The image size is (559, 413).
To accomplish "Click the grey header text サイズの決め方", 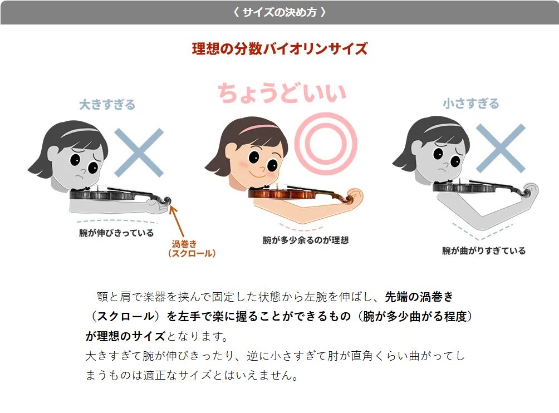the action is click(x=280, y=12).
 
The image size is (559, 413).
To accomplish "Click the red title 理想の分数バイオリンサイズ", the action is click(x=280, y=49).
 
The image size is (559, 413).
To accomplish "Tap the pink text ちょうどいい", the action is click(x=282, y=93).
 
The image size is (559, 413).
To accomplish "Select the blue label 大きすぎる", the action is click(x=107, y=105).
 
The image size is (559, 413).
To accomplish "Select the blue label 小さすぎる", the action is click(x=471, y=104).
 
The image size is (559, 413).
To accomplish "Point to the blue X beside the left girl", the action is click(x=139, y=153).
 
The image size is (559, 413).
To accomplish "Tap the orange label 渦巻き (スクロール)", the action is click(x=192, y=249).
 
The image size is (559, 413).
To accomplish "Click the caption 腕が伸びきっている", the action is click(x=116, y=233).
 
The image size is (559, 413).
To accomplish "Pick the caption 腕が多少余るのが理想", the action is click(x=306, y=240).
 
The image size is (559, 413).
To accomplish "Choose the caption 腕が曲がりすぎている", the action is click(x=484, y=251).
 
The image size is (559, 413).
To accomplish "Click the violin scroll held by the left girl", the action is click(x=166, y=200).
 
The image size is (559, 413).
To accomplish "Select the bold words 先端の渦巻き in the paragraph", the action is click(x=419, y=297).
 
